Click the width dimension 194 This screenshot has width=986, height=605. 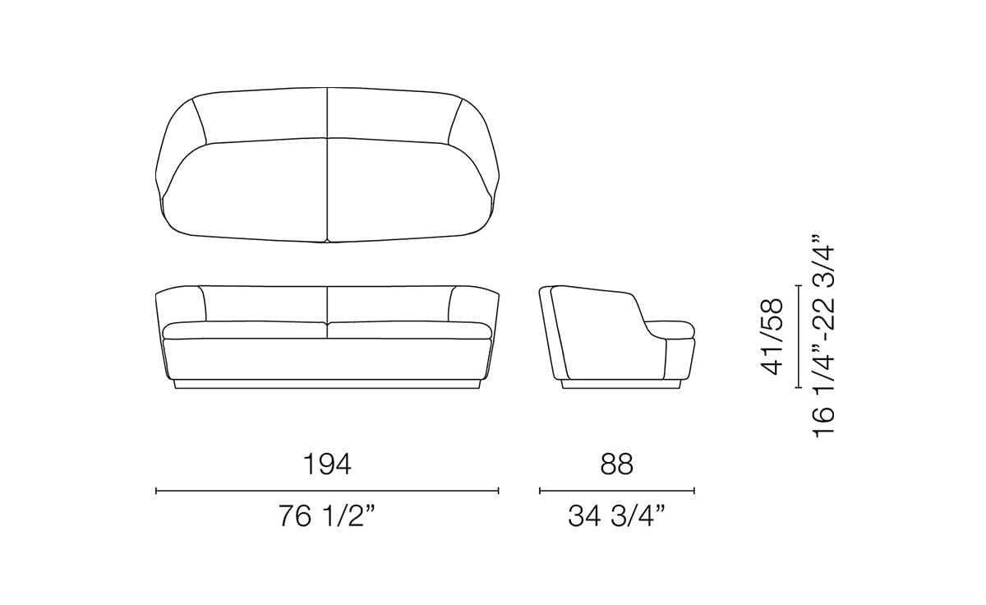click(x=327, y=464)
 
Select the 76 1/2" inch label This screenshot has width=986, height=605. click(x=327, y=517)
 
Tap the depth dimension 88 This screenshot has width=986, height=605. click(x=616, y=464)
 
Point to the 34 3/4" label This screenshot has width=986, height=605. click(x=616, y=517)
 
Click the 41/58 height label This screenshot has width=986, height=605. click(x=773, y=337)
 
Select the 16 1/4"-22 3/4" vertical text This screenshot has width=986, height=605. click(x=824, y=340)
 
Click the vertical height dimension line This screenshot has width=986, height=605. click(x=798, y=335)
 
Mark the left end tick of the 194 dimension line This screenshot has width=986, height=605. click(x=156, y=491)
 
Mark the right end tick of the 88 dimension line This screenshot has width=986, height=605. click(x=694, y=491)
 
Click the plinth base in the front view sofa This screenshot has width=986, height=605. click(x=327, y=384)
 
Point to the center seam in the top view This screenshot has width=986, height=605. click(x=327, y=164)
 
